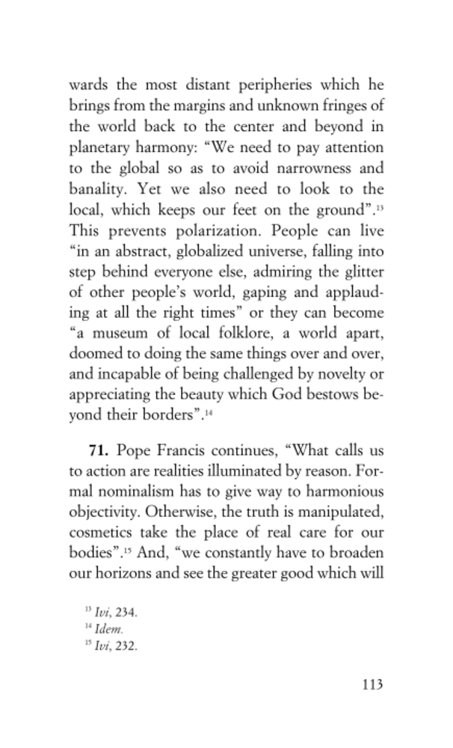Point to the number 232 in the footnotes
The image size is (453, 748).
[x=123, y=646]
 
